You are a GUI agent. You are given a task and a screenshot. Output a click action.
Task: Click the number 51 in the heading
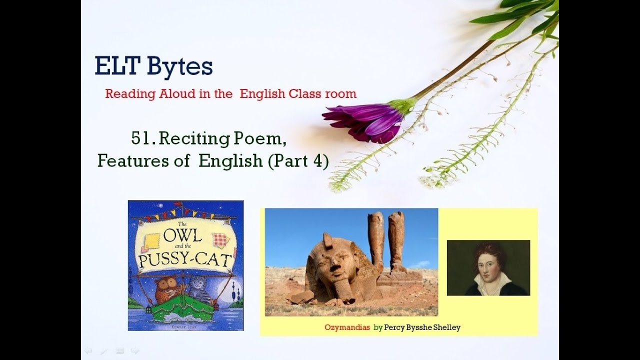pyautogui.click(x=140, y=139)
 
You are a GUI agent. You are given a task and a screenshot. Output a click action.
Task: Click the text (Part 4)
pyautogui.click(x=298, y=161)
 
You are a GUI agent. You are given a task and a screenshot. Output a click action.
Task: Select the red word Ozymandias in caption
pyautogui.click(x=347, y=328)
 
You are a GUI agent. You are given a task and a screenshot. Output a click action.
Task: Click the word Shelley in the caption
pyautogui.click(x=444, y=328)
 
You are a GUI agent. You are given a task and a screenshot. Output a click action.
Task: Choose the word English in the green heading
pyautogui.click(x=230, y=161)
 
